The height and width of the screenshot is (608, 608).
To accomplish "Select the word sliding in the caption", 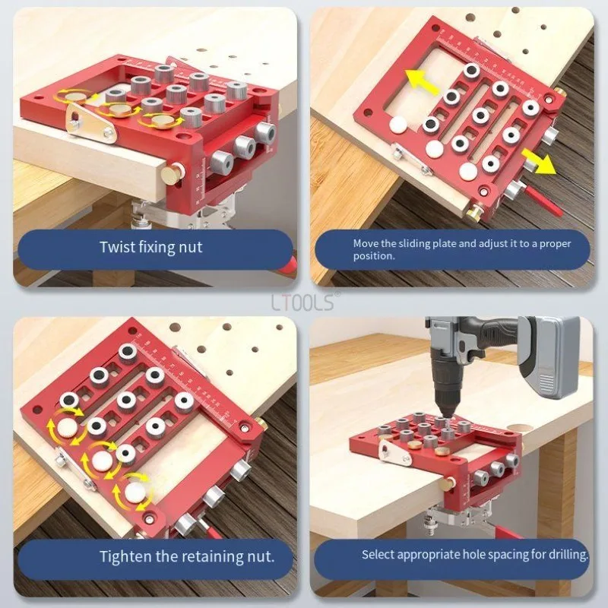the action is click(419, 244).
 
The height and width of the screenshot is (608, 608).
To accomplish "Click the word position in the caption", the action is click(372, 256).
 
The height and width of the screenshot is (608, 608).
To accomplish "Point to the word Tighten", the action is click(126, 557).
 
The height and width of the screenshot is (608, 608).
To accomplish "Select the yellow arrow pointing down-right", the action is click(538, 161).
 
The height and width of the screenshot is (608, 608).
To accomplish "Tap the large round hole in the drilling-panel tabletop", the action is click(519, 427).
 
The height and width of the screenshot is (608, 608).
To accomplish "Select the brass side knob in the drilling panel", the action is click(450, 484).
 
